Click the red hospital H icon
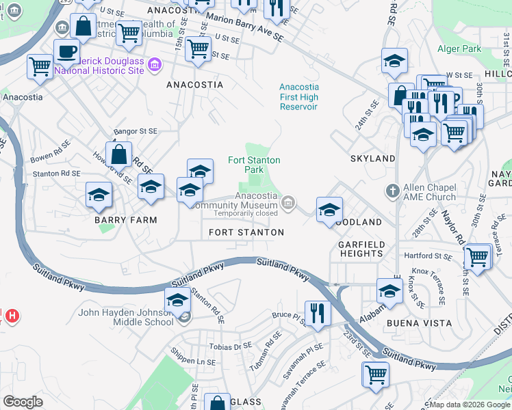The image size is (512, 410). tap(12, 316)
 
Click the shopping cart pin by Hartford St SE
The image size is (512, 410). tap(476, 258)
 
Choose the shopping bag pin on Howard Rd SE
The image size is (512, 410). tap(119, 154)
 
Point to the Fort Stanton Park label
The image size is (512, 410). tap(254, 165)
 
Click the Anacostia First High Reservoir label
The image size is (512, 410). tap(298, 96)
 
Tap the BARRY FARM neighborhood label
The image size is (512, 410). tap(126, 220)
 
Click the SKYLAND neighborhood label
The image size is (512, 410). tap(373, 159)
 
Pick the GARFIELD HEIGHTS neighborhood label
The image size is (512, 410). tap(361, 249)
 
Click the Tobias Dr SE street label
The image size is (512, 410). tap(233, 346)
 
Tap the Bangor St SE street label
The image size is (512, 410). tap(136, 131)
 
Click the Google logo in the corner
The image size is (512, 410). tap(23, 402)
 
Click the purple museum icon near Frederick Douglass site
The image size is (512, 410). tap(155, 64)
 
